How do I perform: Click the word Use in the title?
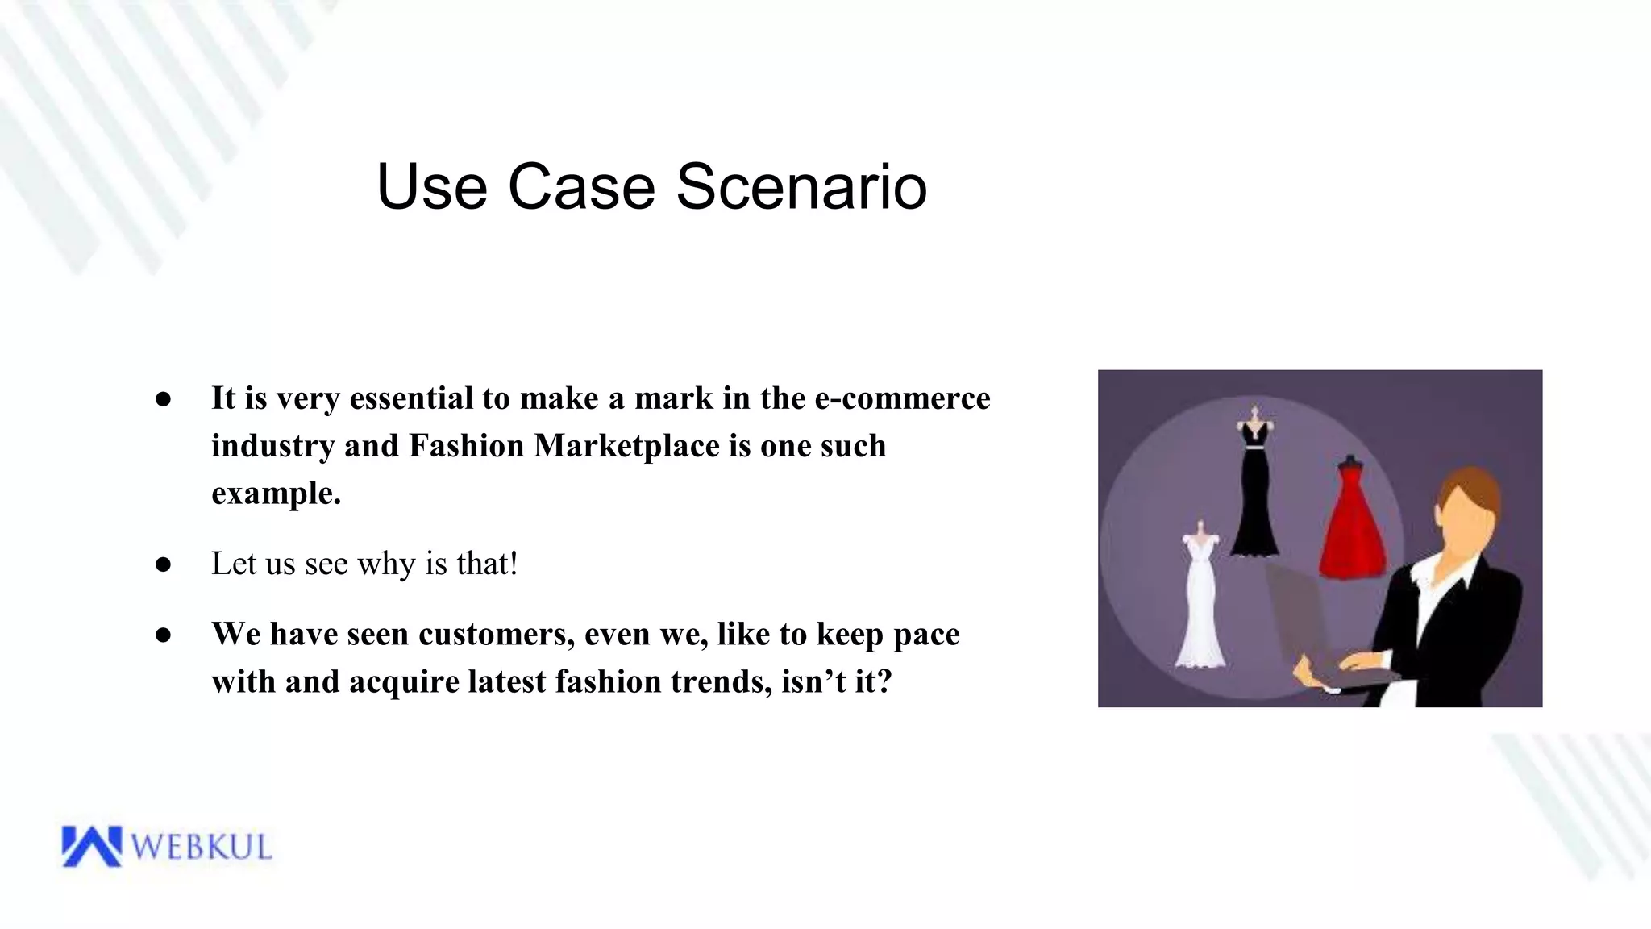(431, 187)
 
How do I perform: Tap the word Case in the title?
(581, 187)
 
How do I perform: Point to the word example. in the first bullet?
(276, 494)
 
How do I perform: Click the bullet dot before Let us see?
(164, 564)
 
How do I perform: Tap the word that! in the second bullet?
(486, 564)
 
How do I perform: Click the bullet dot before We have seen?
(164, 635)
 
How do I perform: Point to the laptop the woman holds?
(1306, 629)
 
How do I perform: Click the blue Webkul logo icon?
(90, 846)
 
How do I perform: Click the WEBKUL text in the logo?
(201, 848)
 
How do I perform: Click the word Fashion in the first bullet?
(466, 446)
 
